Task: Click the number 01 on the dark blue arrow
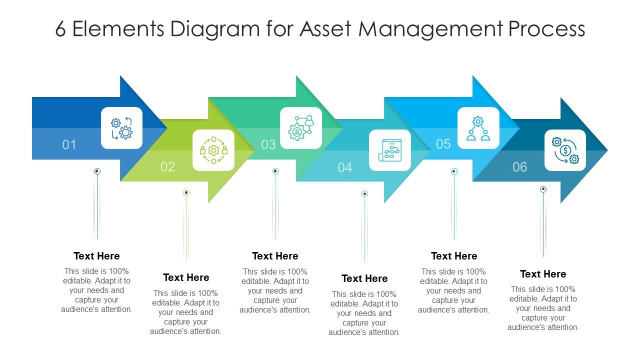point(69,145)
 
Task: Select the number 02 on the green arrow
point(168,166)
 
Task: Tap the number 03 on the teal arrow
point(268,144)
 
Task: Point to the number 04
point(344,167)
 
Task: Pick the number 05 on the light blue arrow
point(443,144)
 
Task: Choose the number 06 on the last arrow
point(520,166)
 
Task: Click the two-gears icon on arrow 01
point(121,128)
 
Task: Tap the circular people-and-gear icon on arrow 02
point(213,150)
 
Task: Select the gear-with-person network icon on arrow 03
point(300,128)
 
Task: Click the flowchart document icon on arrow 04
point(390,150)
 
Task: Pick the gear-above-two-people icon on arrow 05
point(478,128)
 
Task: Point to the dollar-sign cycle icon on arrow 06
point(565,150)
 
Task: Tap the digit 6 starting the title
point(60,29)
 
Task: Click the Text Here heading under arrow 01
point(96,256)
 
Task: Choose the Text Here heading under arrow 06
point(543,274)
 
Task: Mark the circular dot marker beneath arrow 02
point(186,192)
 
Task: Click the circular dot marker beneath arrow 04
point(365,193)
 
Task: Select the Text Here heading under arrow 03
point(275,256)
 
